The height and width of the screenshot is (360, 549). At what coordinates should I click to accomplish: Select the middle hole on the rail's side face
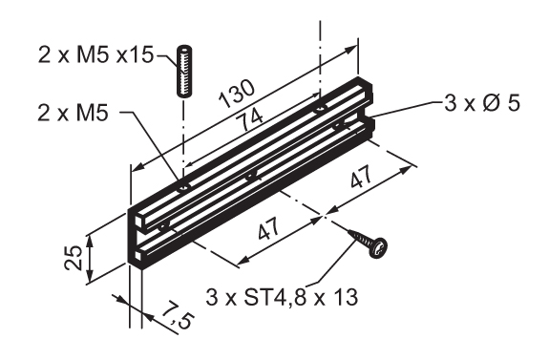250,175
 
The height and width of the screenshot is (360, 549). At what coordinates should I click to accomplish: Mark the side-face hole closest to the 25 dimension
164,225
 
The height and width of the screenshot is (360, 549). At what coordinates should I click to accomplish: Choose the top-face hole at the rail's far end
317,108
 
